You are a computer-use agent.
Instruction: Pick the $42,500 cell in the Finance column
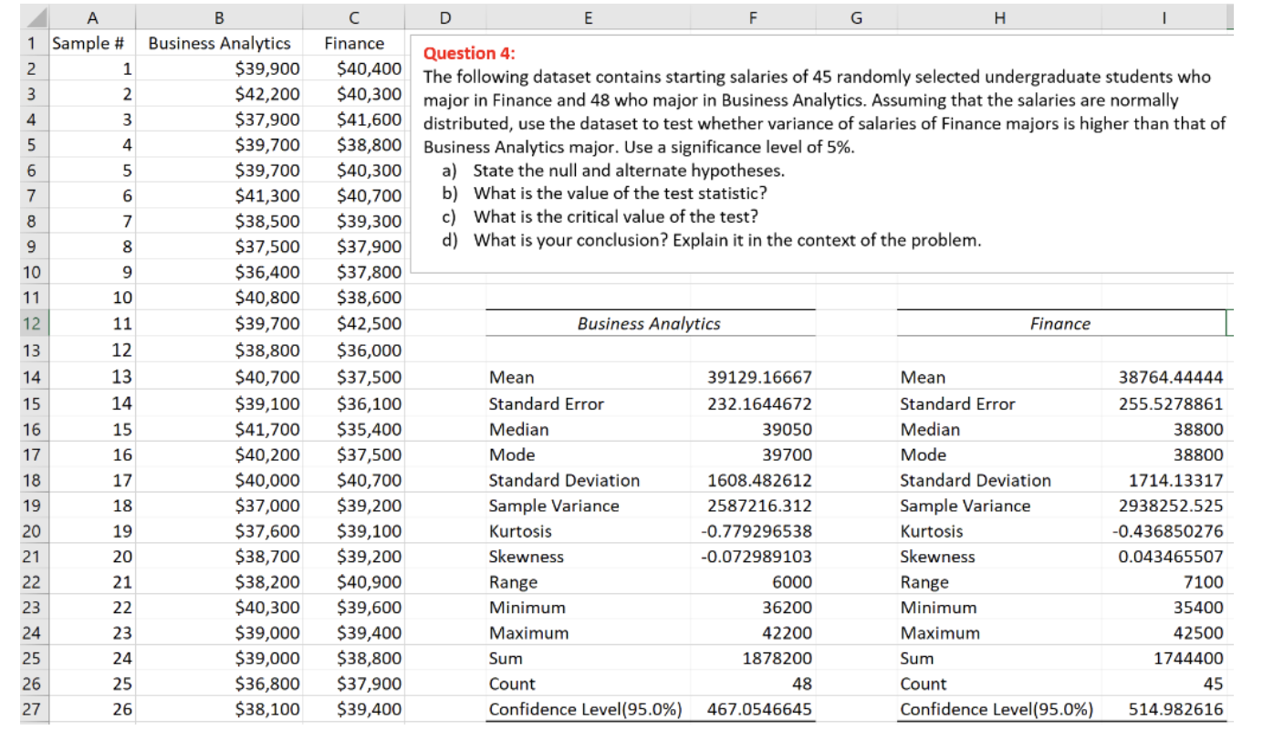[x=369, y=323]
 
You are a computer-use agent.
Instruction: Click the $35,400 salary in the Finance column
[x=369, y=429]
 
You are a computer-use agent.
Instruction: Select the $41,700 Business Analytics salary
[x=267, y=429]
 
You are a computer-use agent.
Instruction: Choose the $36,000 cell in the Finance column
[x=369, y=349]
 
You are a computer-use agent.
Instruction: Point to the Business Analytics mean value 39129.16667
[x=759, y=378]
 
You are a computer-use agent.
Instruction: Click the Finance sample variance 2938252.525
[x=1171, y=506]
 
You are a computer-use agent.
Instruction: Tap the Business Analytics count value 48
[x=801, y=683]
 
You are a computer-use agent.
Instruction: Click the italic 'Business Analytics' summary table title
[x=649, y=324]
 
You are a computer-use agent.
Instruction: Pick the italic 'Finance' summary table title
[x=1059, y=324]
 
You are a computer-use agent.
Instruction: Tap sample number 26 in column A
[x=122, y=709]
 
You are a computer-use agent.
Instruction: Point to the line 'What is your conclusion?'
[x=726, y=241]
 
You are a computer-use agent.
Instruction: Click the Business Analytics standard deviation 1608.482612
[x=759, y=480]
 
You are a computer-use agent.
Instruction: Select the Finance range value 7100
[x=1206, y=582]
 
